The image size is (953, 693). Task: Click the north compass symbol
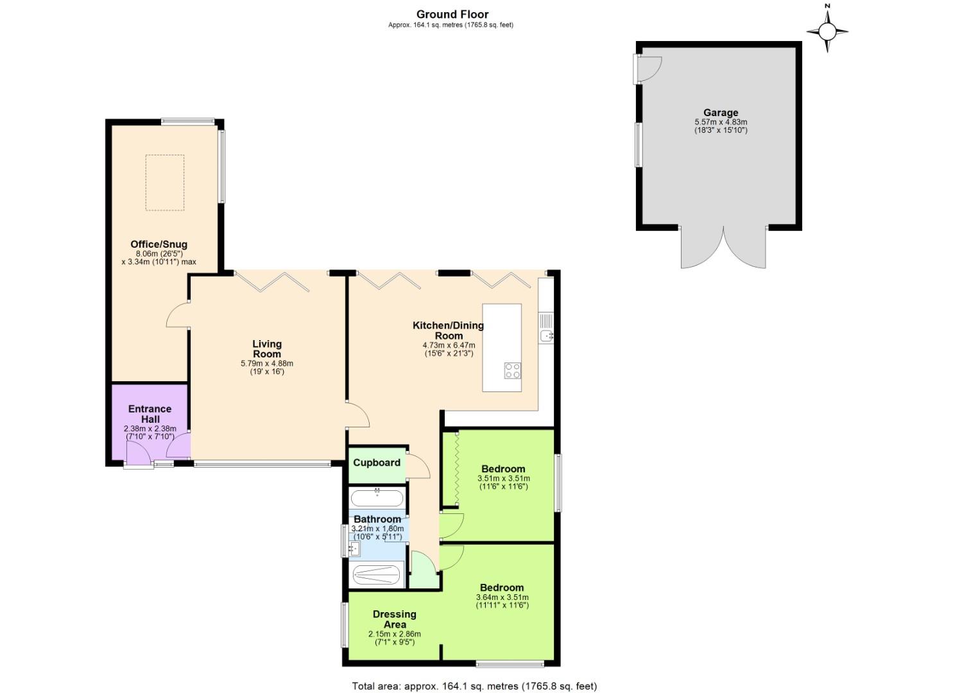coord(827,30)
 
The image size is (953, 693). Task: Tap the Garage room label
coord(721,112)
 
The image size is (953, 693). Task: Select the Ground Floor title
coord(452,14)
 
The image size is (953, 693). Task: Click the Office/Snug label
coord(159,244)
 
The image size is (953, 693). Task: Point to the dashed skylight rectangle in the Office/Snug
coord(165,182)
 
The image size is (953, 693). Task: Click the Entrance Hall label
coord(150,414)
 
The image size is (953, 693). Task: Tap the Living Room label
coord(267,349)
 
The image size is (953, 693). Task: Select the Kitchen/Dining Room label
coord(448,330)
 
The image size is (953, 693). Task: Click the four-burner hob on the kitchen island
coord(512,371)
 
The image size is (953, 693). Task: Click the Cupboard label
coord(377,463)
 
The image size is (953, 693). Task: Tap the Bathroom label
coord(377,519)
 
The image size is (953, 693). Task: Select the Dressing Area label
coord(395,619)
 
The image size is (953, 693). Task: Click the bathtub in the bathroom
coord(377,498)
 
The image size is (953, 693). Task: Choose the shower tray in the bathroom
coord(377,575)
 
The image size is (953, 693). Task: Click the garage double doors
coord(723,249)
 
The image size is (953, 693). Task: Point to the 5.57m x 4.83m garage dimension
coord(721,122)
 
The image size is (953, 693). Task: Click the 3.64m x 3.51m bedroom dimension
coord(502,597)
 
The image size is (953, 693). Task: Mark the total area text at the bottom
coord(474,686)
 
